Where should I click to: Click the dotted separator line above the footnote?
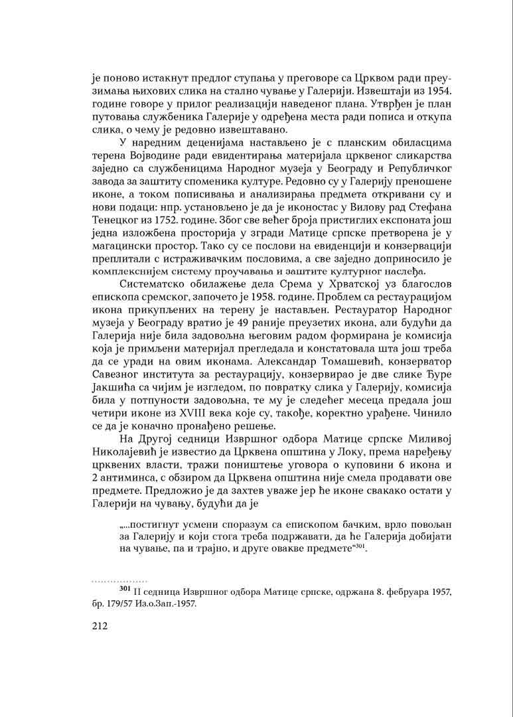click(119, 580)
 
